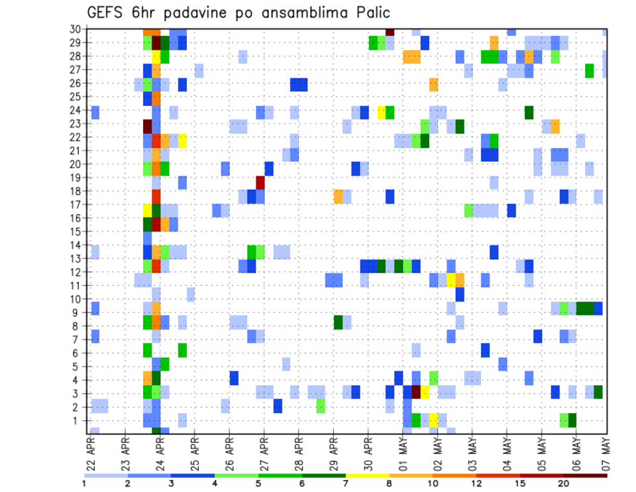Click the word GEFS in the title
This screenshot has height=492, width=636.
coord(108,13)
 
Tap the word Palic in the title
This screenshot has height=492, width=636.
coord(369,13)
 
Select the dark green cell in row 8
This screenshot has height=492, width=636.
coord(338,322)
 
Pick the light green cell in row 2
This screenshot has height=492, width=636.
coord(321,406)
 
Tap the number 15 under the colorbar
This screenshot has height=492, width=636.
coord(521,483)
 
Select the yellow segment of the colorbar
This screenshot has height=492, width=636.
coord(368,475)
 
